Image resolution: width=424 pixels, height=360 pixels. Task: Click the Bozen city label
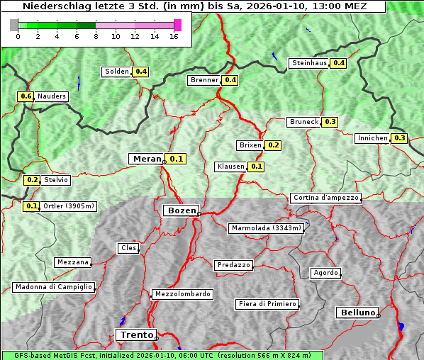tap(181, 210)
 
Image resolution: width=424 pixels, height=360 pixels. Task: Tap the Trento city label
tap(135, 335)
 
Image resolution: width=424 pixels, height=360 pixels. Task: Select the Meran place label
tap(146, 159)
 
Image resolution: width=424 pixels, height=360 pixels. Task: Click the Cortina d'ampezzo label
tap(325, 198)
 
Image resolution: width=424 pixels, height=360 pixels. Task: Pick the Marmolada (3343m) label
tap(267, 228)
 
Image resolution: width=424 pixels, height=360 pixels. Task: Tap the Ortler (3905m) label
tap(68, 206)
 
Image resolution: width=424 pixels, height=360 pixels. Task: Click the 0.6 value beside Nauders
tap(26, 96)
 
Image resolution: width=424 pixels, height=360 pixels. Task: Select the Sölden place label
tap(117, 72)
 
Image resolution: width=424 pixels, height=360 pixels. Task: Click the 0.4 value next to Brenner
tap(230, 80)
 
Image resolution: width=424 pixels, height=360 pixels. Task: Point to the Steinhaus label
tap(309, 63)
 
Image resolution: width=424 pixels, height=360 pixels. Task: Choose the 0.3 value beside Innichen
tap(399, 138)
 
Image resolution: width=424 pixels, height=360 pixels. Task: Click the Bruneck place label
tap(304, 122)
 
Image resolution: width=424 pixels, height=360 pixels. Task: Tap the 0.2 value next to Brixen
tap(274, 145)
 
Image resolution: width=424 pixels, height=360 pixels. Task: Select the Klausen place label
tap(230, 167)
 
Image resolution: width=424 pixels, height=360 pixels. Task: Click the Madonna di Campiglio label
tap(53, 287)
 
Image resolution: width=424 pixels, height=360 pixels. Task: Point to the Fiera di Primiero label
tap(267, 304)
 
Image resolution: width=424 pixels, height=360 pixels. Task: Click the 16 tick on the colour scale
tap(174, 35)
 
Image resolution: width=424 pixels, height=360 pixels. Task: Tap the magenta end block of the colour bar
tap(177, 25)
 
